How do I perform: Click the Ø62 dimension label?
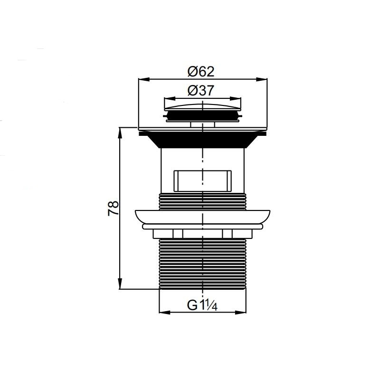[201, 72]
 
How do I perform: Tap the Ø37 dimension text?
[201, 91]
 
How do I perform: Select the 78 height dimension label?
[114, 208]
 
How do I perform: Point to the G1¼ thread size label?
[202, 305]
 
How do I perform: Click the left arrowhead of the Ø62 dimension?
[143, 79]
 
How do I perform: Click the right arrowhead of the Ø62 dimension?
[262, 79]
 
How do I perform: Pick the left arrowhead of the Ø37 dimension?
[170, 99]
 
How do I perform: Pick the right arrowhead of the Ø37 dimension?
[236, 99]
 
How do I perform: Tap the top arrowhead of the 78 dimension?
[120, 133]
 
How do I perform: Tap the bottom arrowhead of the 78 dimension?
[120, 284]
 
